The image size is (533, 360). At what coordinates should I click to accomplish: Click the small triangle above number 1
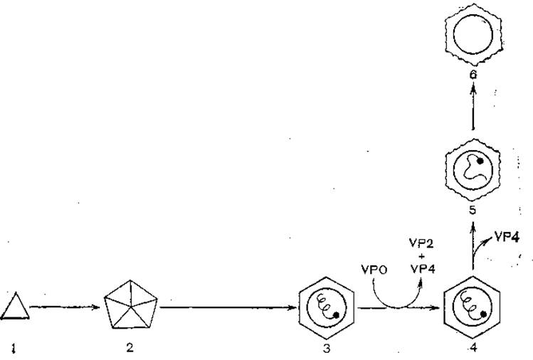pos(14,308)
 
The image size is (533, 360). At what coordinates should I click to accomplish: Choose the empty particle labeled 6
pos(472,35)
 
